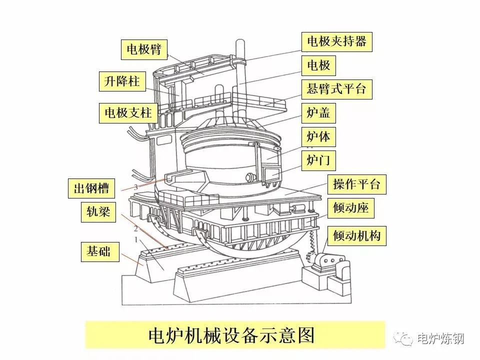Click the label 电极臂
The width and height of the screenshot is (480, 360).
[144, 50]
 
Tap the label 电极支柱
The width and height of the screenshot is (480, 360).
[128, 112]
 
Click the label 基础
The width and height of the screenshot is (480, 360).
[99, 251]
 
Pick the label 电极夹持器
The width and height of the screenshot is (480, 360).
[336, 41]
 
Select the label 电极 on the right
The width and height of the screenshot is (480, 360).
[318, 65]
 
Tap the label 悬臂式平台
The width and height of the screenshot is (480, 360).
[336, 89]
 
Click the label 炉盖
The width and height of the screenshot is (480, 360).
[318, 113]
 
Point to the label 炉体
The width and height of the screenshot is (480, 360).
[318, 136]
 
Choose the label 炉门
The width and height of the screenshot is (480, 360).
[318, 160]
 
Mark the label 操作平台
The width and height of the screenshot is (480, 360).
[356, 184]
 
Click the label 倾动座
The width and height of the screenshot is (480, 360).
[350, 207]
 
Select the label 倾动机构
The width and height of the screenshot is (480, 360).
[356, 235]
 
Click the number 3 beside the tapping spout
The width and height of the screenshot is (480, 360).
[135, 186]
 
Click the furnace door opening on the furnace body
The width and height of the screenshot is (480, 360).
[272, 174]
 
